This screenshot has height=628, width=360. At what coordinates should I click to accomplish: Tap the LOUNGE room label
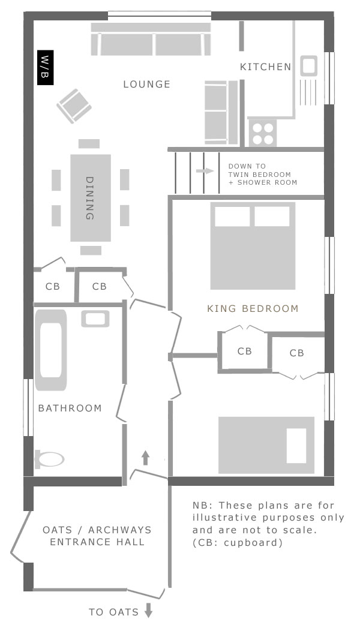tap(147, 85)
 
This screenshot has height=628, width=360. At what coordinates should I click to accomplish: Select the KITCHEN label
tap(265, 67)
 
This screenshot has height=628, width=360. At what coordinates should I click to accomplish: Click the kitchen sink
tap(308, 65)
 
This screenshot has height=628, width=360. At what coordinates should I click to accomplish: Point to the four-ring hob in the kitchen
tap(262, 133)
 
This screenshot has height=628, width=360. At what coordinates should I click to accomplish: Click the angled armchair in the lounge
tap(74, 106)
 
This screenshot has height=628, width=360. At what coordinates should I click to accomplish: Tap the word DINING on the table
tap(90, 198)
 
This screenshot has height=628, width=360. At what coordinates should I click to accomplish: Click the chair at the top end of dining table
tap(89, 144)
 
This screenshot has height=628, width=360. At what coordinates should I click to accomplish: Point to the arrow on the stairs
tap(205, 171)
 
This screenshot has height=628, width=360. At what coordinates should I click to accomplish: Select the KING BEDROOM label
tap(253, 309)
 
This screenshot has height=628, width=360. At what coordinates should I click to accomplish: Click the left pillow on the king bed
tap(232, 217)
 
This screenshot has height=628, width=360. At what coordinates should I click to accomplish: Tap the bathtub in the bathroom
tap(50, 350)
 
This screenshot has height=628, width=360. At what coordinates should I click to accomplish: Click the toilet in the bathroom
tap(49, 459)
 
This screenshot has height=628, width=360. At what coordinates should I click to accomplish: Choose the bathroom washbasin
tap(95, 318)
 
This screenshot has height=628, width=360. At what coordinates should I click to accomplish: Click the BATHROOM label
tap(70, 408)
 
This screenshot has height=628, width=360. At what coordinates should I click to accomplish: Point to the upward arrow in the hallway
tap(145, 458)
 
